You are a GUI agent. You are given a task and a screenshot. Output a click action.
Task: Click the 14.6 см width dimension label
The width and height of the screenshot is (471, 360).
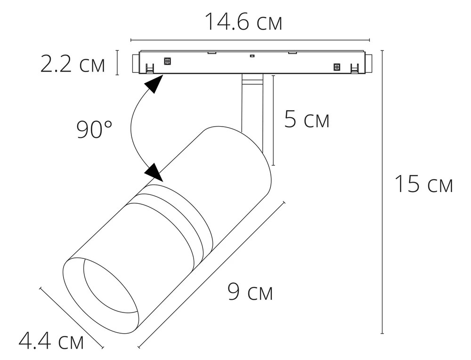click(x=244, y=22)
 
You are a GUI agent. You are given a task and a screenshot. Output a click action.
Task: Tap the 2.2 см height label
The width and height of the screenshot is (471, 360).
click(x=73, y=64)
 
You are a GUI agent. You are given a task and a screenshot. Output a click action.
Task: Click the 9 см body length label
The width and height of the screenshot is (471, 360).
click(x=250, y=291)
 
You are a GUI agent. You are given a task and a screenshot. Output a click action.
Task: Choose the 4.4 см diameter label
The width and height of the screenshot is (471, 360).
click(x=51, y=341)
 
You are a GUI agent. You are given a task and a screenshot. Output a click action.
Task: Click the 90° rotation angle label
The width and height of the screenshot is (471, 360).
click(x=94, y=129)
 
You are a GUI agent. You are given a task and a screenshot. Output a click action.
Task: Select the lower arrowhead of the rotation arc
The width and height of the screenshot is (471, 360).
click(x=154, y=173)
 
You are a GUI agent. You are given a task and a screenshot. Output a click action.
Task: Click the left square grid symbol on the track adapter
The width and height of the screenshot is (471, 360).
click(x=167, y=61)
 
